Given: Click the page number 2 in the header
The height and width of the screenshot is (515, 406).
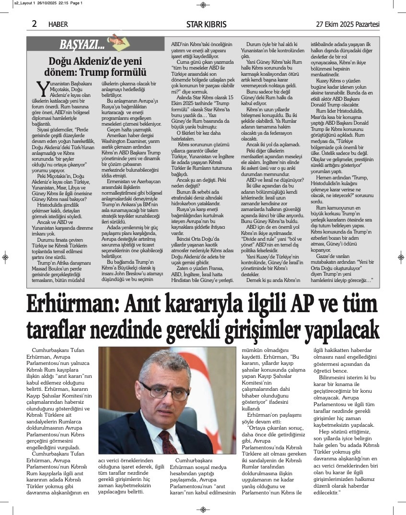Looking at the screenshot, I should (35, 23).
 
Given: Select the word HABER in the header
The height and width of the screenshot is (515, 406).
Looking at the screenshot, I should (58, 24).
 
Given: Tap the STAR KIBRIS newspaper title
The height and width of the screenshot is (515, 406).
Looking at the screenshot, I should (207, 24).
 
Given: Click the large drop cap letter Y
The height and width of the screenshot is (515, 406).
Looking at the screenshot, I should (42, 89).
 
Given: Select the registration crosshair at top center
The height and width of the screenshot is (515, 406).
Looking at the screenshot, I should (203, 5).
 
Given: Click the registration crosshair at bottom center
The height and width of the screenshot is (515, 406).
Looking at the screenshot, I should (203, 509).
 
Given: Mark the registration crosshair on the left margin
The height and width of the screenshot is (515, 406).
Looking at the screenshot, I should (5, 257).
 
